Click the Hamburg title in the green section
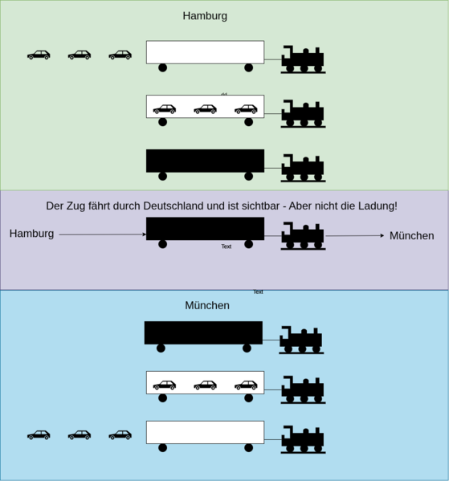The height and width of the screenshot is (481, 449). click(205, 16)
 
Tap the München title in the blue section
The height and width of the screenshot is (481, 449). click(207, 306)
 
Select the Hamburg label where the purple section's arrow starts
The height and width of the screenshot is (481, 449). click(32, 234)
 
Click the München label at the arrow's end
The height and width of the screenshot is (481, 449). click(411, 235)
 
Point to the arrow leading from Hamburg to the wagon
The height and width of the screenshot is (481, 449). click(102, 234)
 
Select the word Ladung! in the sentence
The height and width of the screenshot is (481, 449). click(374, 206)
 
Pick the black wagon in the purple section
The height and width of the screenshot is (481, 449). click(205, 229)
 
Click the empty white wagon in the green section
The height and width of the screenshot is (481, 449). click(205, 52)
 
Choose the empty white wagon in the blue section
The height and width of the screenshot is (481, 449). click(205, 432)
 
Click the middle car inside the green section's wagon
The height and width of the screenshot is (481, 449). click(206, 108)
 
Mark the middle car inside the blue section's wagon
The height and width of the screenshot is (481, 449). click(206, 385)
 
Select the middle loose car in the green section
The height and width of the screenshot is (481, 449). click(80, 55)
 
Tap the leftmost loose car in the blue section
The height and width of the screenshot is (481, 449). click(39, 434)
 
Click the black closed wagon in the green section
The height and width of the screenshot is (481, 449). click(205, 161)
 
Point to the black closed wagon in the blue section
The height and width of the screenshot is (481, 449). click(203, 332)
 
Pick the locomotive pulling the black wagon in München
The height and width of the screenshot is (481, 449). click(301, 340)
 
